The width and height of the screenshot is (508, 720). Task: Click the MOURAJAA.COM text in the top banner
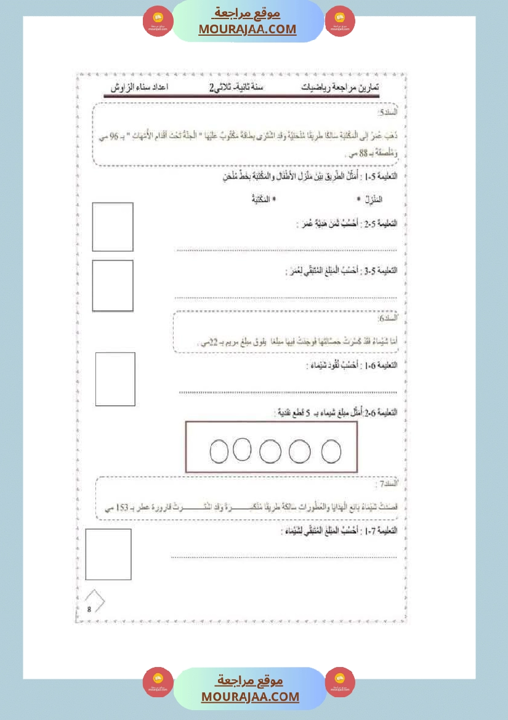click(247, 29)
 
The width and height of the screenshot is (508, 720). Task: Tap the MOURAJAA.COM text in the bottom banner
click(250, 697)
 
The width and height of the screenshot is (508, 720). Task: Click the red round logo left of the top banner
click(158, 22)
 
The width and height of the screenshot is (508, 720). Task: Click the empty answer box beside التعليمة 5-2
click(113, 227)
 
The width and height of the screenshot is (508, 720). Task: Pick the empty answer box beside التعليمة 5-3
click(113, 285)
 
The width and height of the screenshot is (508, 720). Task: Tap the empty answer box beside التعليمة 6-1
click(115, 379)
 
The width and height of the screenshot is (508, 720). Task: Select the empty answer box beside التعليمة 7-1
click(108, 554)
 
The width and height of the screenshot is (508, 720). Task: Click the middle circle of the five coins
click(270, 451)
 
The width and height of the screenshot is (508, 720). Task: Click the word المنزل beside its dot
click(371, 200)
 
